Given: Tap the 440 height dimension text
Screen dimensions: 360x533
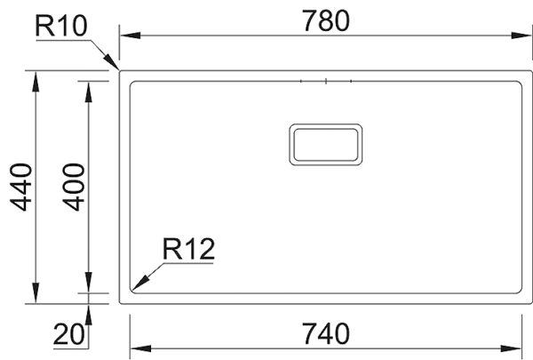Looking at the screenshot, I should [x=20, y=187].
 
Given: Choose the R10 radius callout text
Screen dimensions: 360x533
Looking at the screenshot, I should [x=61, y=27].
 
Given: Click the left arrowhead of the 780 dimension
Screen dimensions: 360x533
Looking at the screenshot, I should [x=127, y=36].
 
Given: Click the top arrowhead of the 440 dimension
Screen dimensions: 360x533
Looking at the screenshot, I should [x=36, y=79].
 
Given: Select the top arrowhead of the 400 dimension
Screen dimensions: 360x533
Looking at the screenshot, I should [x=88, y=87].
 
